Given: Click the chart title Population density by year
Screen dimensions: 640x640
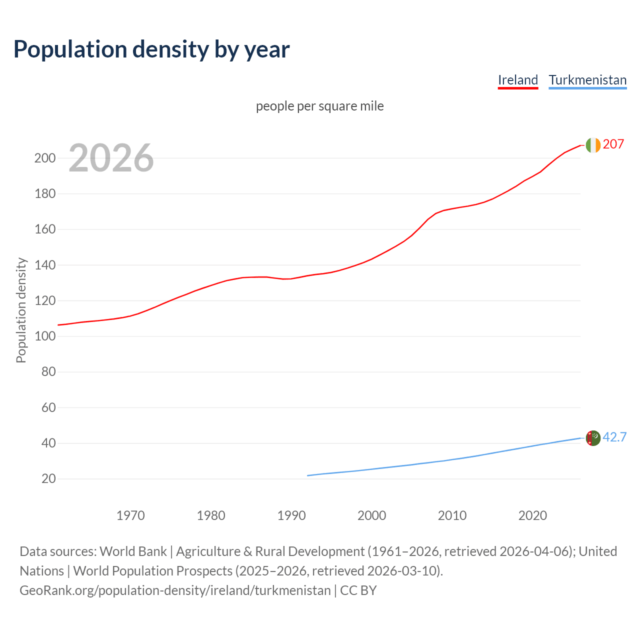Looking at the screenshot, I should (x=151, y=49).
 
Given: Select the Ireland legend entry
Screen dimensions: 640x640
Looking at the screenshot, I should (x=517, y=80).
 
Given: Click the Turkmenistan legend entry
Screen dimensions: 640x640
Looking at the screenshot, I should (x=587, y=80).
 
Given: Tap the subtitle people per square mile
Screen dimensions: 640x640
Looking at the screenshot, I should (x=320, y=106).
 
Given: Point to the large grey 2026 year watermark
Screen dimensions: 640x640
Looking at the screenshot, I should (x=111, y=158).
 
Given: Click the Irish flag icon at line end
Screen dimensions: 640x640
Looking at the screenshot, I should (x=592, y=145).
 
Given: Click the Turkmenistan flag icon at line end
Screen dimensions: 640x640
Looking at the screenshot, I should (x=592, y=438).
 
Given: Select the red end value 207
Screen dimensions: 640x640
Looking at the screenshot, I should (x=613, y=144).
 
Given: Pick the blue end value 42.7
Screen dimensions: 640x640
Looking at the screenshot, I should (x=614, y=437).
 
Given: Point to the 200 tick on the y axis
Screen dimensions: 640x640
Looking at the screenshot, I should (x=45, y=158).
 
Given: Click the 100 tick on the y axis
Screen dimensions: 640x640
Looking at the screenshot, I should (x=45, y=336).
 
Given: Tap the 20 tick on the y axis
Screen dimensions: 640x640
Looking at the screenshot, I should (x=48, y=478).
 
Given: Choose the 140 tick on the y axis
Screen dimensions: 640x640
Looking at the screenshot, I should (x=45, y=265).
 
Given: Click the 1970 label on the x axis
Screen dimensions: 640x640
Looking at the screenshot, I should (x=130, y=515).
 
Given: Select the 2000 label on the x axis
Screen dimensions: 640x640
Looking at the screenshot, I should (x=371, y=515).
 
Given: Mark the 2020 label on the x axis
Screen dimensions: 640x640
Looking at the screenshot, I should (x=532, y=515).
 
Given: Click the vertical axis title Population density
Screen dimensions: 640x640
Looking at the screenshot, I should (x=21, y=310).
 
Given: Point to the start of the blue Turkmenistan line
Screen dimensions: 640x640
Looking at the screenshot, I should (x=308, y=475).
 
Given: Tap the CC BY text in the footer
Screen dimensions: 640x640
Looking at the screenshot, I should (x=358, y=590).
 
